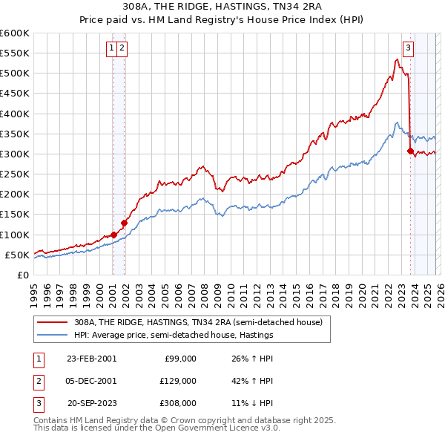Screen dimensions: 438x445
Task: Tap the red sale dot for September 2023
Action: [410, 151]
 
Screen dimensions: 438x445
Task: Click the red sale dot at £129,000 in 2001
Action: [124, 223]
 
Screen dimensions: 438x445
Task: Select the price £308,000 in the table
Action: [178, 404]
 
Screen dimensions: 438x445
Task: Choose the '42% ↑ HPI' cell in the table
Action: [252, 382]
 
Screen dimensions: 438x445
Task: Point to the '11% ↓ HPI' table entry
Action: [252, 404]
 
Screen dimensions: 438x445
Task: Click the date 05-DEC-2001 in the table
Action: [91, 382]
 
